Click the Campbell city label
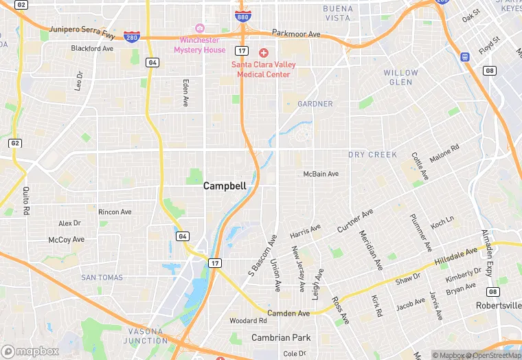tap(225, 185)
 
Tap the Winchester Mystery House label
tap(199, 45)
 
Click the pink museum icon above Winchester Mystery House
tap(200, 28)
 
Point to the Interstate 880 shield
tap(243, 15)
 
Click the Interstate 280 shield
tap(132, 36)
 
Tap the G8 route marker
tap(490, 70)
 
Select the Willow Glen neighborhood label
tap(400, 77)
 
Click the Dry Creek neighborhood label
tap(372, 155)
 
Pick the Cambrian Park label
tap(281, 337)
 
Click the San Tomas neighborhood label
tap(102, 277)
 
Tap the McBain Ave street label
tap(321, 174)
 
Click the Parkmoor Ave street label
tap(296, 34)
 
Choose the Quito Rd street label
tap(26, 199)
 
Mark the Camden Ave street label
tap(288, 313)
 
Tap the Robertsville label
tap(498, 305)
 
